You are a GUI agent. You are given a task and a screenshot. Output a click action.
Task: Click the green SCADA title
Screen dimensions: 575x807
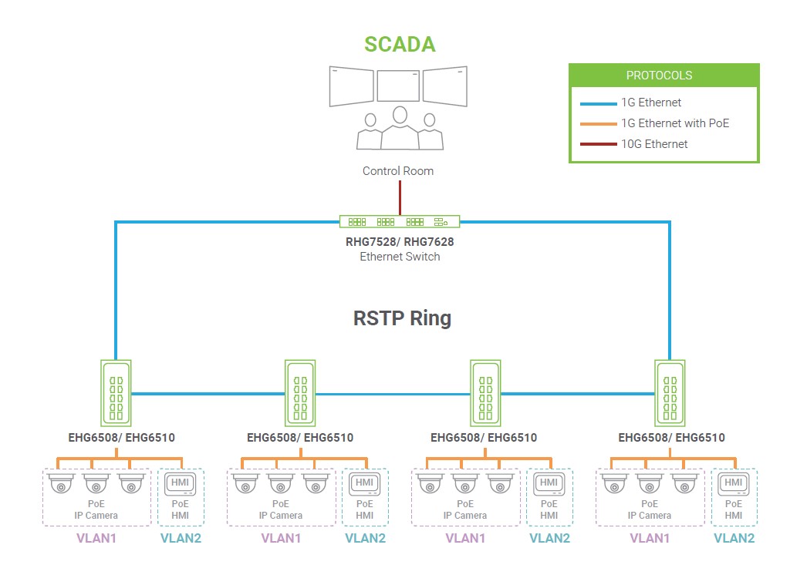coord(400,44)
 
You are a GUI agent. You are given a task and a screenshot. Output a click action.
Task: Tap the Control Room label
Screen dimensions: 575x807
coord(398,171)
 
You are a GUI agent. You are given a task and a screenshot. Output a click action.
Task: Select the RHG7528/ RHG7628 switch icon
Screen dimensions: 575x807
coord(400,222)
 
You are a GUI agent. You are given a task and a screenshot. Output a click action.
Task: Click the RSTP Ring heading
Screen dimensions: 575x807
coord(402,318)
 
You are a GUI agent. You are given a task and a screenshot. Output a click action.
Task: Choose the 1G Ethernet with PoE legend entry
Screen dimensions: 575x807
coord(675,123)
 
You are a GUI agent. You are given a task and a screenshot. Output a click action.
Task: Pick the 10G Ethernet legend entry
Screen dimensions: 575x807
coord(654,144)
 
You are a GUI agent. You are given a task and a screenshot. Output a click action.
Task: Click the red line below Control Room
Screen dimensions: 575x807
coord(400,197)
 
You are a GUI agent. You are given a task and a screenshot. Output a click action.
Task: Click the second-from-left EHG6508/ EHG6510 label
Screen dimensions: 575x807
coord(300,438)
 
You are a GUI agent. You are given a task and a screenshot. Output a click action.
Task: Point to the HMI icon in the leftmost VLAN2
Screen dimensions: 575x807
coord(181,483)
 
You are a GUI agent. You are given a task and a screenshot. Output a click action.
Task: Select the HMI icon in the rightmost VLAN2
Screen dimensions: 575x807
coord(734,483)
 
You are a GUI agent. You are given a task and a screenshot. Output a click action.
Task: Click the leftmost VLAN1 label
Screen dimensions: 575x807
coord(96,538)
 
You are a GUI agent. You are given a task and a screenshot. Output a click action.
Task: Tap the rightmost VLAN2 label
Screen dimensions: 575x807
coord(734,538)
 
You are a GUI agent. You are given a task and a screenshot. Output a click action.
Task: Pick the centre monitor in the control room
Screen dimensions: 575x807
coord(398,86)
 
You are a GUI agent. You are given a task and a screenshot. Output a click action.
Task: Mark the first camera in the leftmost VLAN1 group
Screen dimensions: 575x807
coord(60,484)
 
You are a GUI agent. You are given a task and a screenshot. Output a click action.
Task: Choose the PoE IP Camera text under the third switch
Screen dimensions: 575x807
coord(465,509)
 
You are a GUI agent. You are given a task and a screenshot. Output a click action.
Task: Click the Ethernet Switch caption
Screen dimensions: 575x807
coord(400,257)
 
